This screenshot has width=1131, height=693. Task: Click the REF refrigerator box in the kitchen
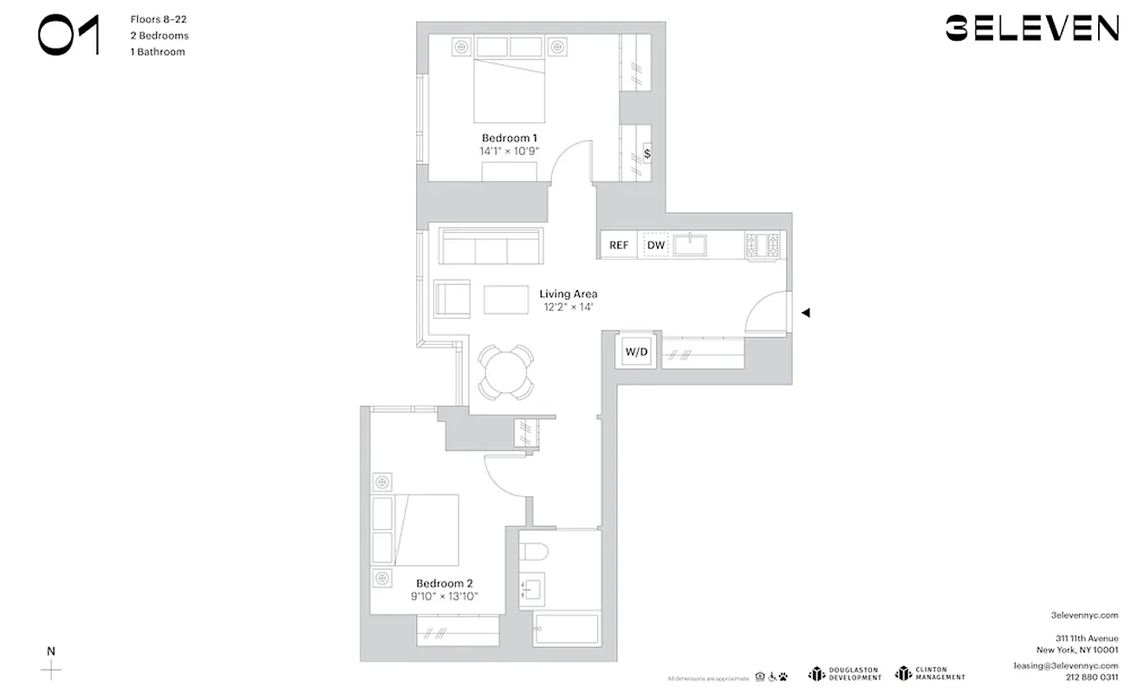[x=619, y=245]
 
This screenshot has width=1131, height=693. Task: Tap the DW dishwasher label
[x=656, y=245]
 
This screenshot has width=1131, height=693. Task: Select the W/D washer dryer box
[x=637, y=352]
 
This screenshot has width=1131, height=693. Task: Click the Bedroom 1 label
[x=510, y=138]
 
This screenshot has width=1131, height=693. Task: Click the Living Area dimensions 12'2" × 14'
[x=568, y=307]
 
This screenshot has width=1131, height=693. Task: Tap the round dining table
[x=506, y=372]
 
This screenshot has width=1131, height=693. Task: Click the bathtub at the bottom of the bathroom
[x=568, y=630]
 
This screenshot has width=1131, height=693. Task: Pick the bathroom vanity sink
[x=530, y=591]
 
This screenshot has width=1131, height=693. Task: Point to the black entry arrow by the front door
[x=805, y=313]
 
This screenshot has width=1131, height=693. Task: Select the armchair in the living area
[x=452, y=298]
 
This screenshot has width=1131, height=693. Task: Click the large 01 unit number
[x=68, y=36]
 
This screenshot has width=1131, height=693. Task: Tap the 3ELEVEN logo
[x=1031, y=29]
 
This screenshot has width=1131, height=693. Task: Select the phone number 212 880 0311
[x=1090, y=678]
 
